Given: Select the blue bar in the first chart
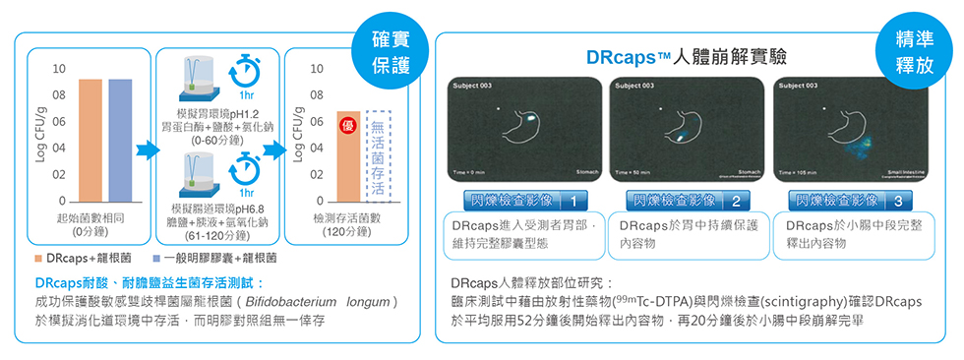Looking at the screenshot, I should click(x=120, y=140).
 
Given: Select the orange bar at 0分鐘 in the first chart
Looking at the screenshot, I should click(x=90, y=140).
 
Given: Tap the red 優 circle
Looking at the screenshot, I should click(x=348, y=127).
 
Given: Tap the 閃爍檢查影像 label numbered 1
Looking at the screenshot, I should click(x=522, y=201).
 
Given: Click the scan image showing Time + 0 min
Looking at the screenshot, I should click(x=521, y=129).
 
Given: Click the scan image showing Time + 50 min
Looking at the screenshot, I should click(x=685, y=129).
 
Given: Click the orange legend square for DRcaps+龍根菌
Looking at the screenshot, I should click(x=39, y=258).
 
